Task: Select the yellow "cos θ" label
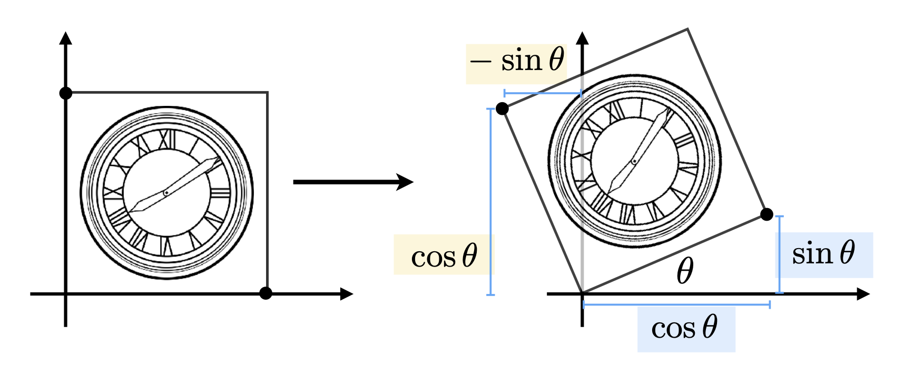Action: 444,255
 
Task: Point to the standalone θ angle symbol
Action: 684,271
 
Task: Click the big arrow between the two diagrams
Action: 353,182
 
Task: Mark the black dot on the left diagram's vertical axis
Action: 66,93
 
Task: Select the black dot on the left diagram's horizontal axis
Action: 266,293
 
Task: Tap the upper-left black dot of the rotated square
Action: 503,109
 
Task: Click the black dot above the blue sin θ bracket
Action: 767,214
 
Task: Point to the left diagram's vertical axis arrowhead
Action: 66,38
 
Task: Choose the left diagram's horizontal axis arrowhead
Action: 346,294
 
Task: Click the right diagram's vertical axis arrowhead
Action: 582,38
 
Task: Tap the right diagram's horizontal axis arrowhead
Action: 863,294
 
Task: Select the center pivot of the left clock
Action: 166,193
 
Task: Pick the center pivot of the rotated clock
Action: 634,161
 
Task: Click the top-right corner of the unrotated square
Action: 267,93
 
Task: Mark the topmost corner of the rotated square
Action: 688,29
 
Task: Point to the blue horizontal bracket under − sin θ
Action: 543,94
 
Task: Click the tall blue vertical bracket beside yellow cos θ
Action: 490,202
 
